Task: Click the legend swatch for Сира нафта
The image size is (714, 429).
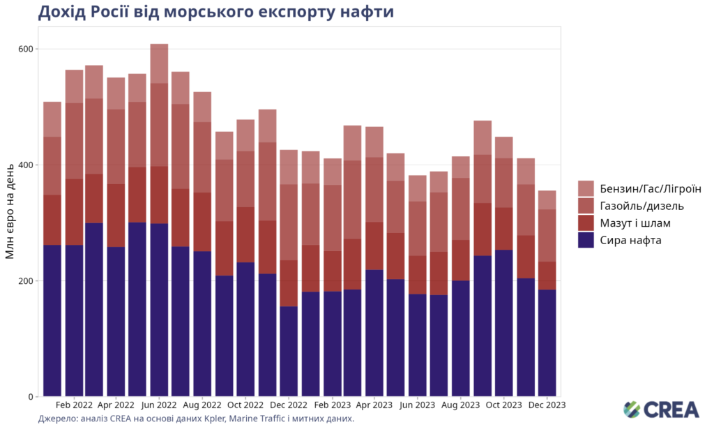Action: tap(586, 241)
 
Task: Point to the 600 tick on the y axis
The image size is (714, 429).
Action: tap(26, 50)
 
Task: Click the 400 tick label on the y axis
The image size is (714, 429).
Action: tap(26, 165)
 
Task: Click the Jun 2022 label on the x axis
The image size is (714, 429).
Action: tap(159, 405)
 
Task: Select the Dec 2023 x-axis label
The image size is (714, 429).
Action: tap(546, 405)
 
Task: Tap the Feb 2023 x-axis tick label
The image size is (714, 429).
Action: tap(331, 405)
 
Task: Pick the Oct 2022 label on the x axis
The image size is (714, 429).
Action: tap(245, 405)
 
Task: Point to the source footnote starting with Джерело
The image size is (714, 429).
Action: tap(196, 419)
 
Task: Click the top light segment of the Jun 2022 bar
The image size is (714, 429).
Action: tap(159, 63)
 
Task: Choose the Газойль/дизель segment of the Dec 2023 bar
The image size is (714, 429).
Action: tap(546, 236)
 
